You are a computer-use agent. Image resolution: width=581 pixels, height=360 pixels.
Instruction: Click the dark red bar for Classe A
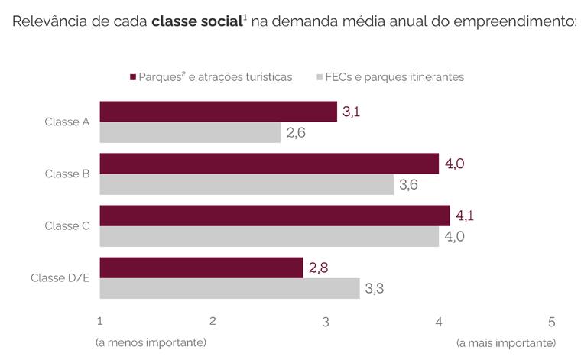coord(218,112)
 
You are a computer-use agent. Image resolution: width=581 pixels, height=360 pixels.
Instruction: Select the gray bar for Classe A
coord(190,132)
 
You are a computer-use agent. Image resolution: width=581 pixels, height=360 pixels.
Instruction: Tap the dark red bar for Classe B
coord(269,164)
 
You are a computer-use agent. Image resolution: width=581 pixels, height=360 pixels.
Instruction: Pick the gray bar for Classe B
coord(247,184)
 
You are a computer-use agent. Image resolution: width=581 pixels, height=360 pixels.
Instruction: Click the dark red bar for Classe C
coord(275,216)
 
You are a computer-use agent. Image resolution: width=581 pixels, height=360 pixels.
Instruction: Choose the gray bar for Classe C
coord(269,236)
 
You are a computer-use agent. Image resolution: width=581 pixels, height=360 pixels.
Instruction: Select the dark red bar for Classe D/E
coord(202,268)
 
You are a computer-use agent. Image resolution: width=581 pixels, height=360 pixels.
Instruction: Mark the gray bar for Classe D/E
coord(230,288)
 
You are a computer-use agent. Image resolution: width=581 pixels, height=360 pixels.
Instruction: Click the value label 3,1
coord(351,112)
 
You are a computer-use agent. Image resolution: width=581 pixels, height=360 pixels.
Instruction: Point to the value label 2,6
coord(296,132)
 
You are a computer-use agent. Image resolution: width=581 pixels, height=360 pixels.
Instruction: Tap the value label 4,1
coord(465,216)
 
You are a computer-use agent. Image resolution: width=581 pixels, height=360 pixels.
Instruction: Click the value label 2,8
coord(318,268)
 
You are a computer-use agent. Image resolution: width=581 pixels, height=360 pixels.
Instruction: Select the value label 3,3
coord(375,288)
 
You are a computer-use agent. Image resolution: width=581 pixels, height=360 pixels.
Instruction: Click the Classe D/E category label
coord(60,277)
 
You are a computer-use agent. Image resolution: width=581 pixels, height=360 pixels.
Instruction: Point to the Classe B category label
coord(67,174)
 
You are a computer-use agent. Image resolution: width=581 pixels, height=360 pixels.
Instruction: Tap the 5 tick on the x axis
coord(552,322)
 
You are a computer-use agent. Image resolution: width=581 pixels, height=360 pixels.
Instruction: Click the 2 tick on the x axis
coord(213,321)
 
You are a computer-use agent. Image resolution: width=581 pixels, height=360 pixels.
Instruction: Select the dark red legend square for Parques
coord(133,77)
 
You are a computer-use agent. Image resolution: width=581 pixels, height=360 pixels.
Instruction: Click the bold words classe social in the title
coord(197,21)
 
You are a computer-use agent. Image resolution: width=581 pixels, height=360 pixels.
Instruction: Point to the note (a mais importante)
coord(506,343)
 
